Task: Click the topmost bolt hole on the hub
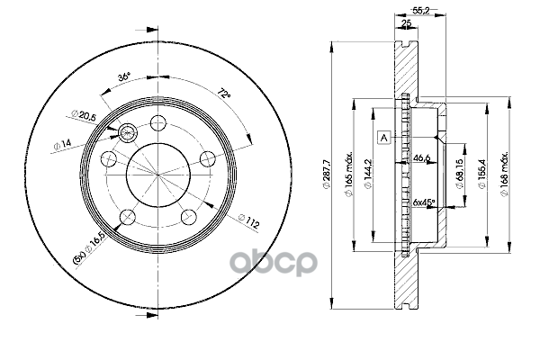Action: [x=159, y=123]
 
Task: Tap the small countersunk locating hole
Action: [x=128, y=133]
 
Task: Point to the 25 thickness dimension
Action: [x=407, y=27]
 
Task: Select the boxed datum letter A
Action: [x=384, y=137]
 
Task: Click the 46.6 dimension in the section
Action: [x=420, y=158]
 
